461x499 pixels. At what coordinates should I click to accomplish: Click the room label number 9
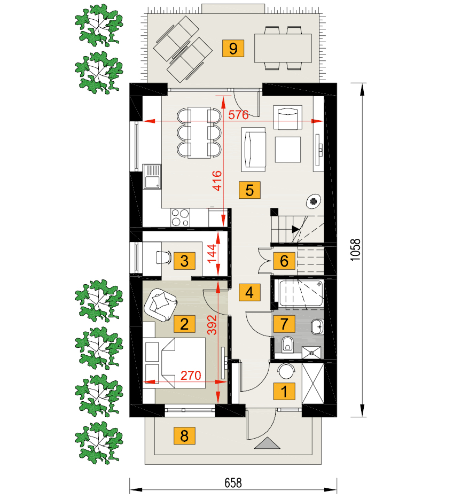point(233,49)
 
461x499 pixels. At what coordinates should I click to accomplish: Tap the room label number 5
point(250,190)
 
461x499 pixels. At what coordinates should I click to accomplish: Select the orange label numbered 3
point(184,261)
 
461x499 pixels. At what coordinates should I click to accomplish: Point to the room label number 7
point(284,324)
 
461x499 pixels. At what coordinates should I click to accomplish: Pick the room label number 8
point(184,435)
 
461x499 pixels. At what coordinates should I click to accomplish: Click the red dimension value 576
point(238,114)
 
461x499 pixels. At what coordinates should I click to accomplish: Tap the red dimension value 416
point(217,181)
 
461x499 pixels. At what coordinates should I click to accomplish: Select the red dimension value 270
point(191,376)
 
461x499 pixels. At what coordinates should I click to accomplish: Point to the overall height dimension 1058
point(355,250)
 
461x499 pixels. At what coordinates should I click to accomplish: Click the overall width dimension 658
point(233,483)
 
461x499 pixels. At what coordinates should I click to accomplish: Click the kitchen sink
point(152,177)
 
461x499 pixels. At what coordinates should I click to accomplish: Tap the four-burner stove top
point(180,217)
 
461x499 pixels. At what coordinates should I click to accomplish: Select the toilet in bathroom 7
point(288,344)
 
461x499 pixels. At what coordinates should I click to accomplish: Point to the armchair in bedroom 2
point(161,305)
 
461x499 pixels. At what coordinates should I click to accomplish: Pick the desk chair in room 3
point(164,257)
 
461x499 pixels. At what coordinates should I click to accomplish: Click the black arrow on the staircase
point(295,229)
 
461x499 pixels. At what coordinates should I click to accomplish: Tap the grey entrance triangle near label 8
point(267,443)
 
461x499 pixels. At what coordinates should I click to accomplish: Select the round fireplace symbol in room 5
point(314,201)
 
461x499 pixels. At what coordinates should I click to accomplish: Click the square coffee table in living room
point(288,150)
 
